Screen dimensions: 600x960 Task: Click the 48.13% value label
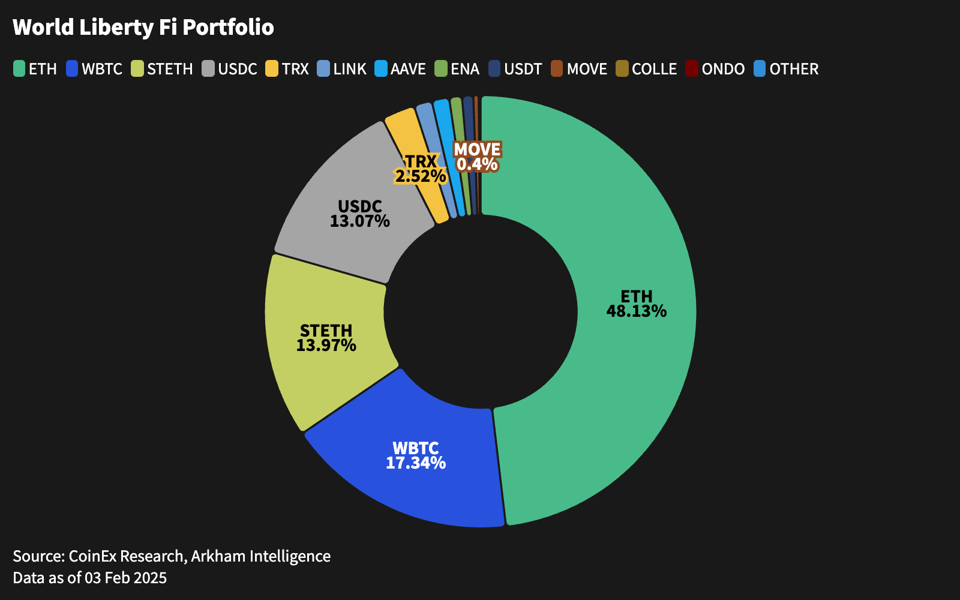click(x=636, y=311)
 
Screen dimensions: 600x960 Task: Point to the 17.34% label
click(x=415, y=463)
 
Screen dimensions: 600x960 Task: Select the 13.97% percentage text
click(x=326, y=346)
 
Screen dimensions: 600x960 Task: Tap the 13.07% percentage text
click(x=359, y=221)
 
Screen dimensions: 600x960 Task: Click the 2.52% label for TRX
click(x=420, y=176)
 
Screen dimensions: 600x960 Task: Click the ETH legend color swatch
click(x=19, y=69)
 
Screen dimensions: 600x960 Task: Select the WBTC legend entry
click(x=95, y=69)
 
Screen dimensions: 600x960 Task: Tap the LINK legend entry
click(x=342, y=69)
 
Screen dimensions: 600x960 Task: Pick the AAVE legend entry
click(x=400, y=69)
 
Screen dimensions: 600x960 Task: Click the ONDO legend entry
click(x=715, y=69)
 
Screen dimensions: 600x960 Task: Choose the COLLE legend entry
click(x=646, y=69)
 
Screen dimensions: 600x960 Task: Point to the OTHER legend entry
click(x=786, y=69)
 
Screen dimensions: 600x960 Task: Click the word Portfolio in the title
click(x=228, y=28)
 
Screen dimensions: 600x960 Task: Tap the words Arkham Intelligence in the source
click(x=260, y=556)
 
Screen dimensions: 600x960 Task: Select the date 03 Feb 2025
click(x=125, y=578)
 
